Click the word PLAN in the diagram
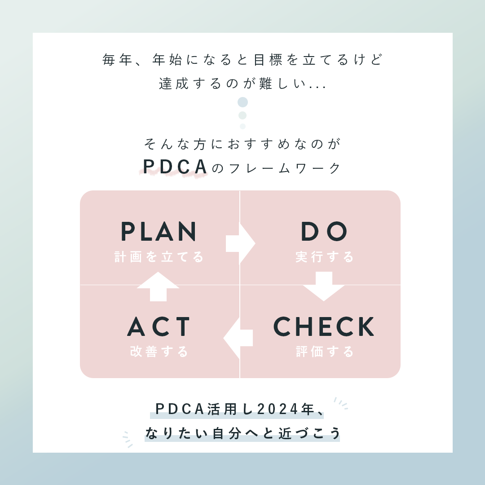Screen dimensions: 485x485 [x=159, y=232]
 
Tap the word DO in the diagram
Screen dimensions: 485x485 [x=324, y=232]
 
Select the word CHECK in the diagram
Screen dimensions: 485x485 [x=324, y=327]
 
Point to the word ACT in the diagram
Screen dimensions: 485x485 [x=159, y=327]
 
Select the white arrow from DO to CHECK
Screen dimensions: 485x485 [x=324, y=286]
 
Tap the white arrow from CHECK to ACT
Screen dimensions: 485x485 [x=238, y=338]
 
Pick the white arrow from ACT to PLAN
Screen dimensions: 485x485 [x=158, y=286]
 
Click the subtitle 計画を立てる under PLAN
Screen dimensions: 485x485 [x=159, y=257]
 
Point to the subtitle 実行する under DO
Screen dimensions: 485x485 [x=325, y=257]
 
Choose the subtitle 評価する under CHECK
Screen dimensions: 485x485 [x=325, y=352]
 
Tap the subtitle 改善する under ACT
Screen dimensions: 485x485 [x=159, y=352]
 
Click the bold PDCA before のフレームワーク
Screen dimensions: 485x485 [x=175, y=167]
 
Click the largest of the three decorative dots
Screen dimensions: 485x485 [x=242, y=102]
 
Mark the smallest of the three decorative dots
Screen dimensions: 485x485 [x=242, y=126]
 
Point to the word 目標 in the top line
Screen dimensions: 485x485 [x=268, y=60]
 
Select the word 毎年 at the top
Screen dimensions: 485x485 [x=117, y=60]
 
